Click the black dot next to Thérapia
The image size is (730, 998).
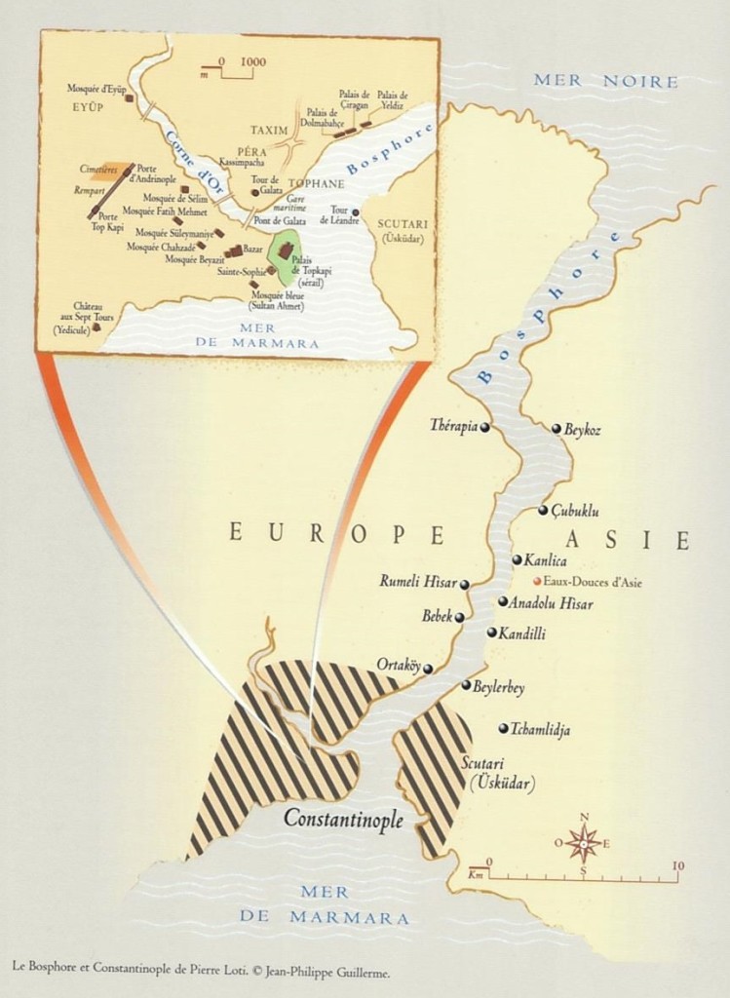click(x=484, y=427)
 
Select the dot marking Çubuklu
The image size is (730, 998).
click(x=543, y=511)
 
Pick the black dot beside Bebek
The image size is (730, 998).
click(x=459, y=617)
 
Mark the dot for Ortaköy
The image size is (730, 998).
click(x=428, y=669)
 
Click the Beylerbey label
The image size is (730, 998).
click(x=499, y=688)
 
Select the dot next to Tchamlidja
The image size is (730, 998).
click(x=503, y=728)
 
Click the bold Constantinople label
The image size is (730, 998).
click(x=343, y=820)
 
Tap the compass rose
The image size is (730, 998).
click(x=583, y=842)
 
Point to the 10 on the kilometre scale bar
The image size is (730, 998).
click(x=678, y=864)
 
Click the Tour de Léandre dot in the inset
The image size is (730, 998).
click(x=356, y=211)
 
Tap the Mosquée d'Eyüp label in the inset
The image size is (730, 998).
click(x=96, y=89)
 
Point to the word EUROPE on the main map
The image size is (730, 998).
click(x=336, y=533)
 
